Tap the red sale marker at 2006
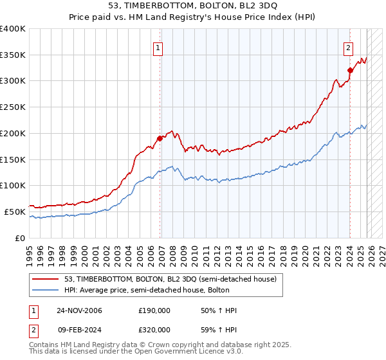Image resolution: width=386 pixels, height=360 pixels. click(x=160, y=138)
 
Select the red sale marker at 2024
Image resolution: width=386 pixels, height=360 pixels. click(x=350, y=70)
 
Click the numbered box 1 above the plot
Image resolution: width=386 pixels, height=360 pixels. click(x=158, y=47)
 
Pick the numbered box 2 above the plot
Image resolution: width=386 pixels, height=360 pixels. click(x=348, y=47)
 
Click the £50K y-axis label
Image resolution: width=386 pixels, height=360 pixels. click(x=14, y=212)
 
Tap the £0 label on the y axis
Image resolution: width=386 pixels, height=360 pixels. click(x=21, y=238)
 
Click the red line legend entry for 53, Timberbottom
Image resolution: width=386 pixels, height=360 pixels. click(x=170, y=279)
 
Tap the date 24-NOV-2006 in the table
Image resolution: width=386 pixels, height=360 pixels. click(x=79, y=310)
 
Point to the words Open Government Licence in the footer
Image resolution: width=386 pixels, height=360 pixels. click(x=132, y=353)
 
